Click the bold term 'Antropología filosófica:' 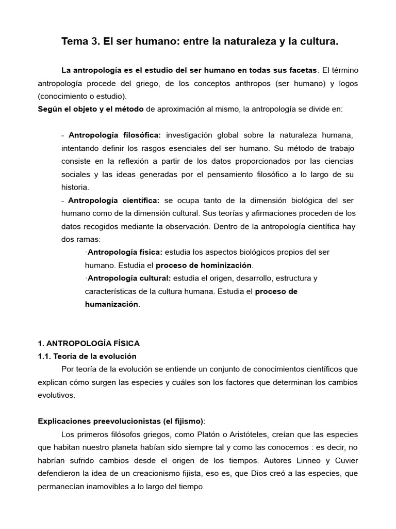(x=114, y=135)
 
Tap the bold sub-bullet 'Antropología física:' (x=124, y=252)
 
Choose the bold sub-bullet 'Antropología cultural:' (x=126, y=278)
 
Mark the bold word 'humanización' (x=111, y=304)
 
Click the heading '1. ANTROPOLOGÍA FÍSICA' (x=88, y=343)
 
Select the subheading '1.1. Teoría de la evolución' (x=87, y=356)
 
